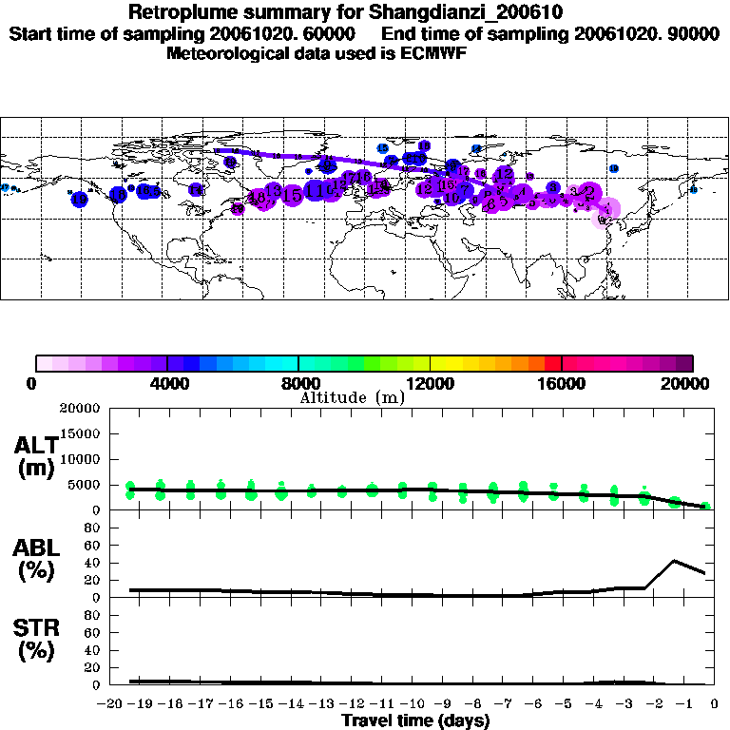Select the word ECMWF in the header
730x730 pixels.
tap(434, 53)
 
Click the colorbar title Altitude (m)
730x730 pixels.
tap(352, 397)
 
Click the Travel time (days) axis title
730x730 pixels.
tap(415, 721)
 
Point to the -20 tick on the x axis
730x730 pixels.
tap(110, 704)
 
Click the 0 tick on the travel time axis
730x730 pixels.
tap(715, 704)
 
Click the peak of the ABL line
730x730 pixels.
tap(674, 561)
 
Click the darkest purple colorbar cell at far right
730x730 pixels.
tap(683, 362)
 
